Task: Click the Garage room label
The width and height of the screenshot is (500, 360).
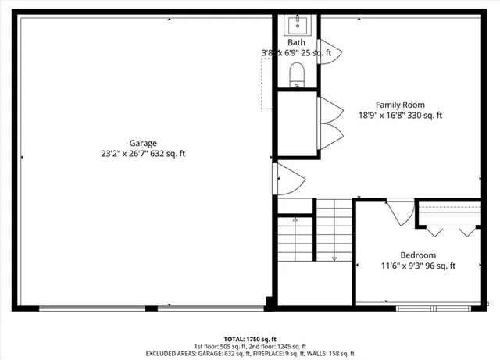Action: pos(143,143)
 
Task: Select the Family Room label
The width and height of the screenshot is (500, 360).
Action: pos(400,105)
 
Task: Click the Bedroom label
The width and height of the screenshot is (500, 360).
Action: pos(418,255)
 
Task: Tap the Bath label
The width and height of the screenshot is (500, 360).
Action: pos(296,43)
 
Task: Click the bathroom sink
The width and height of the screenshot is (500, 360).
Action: pos(297,23)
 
